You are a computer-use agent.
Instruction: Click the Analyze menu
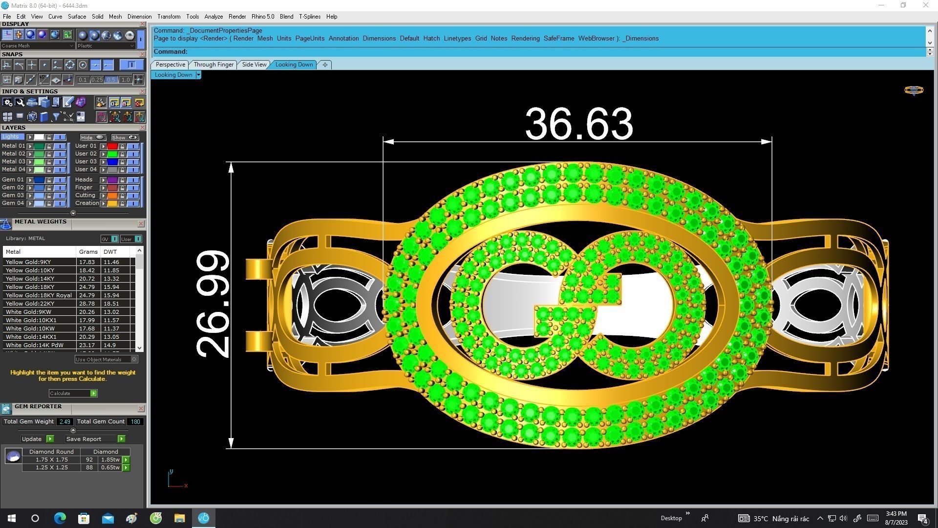pos(213,17)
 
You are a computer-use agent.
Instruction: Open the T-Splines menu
pos(310,17)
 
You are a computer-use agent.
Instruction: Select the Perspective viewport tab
pos(170,65)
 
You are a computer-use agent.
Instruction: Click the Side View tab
pos(254,65)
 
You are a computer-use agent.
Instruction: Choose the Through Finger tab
pos(213,65)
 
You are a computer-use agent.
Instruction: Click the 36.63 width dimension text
pos(579,124)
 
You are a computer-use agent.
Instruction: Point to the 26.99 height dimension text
pos(213,304)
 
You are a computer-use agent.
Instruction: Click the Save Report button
pos(84,439)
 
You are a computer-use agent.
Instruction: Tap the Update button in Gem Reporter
pos(32,439)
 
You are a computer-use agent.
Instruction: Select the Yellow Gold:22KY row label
pos(29,304)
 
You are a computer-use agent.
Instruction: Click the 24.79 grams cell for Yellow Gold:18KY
pos(87,287)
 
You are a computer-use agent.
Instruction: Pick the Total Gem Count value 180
pos(135,421)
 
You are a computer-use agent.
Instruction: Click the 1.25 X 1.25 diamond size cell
pos(51,467)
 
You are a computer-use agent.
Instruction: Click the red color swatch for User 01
pos(112,146)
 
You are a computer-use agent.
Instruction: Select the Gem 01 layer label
pos(13,179)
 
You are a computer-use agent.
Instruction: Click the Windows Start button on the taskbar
pos(12,518)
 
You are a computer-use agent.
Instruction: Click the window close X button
pos(925,5)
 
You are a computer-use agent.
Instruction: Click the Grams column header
pos(88,252)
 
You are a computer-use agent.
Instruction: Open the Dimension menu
pos(139,17)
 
